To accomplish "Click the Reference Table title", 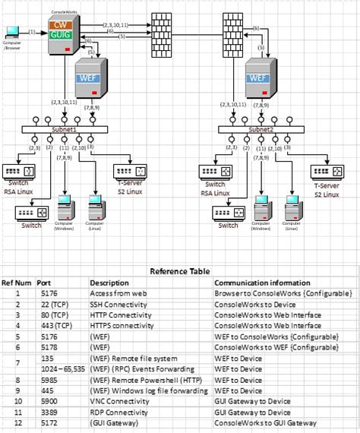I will click(x=179, y=270).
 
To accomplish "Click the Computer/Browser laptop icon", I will click(x=12, y=32).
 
